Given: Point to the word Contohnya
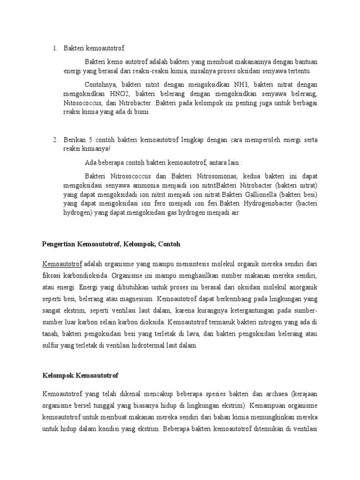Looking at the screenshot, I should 101,85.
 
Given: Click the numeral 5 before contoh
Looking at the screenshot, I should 96,140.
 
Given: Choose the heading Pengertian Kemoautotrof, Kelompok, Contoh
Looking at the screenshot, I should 111,244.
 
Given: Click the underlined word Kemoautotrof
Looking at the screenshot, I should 62,263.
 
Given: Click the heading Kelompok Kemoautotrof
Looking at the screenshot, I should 80,376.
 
